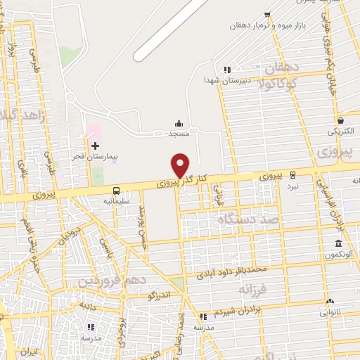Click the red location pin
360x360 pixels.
[181, 165]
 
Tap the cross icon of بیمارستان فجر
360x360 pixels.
[95, 146]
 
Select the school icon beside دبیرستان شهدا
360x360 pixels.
[226, 70]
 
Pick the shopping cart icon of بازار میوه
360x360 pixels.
[266, 15]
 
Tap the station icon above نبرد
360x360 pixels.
[292, 175]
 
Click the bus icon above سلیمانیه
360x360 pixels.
[116, 191]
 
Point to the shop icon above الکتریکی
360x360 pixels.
[340, 120]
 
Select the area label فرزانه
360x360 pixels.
[255, 288]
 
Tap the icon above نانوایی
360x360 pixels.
[329, 300]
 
